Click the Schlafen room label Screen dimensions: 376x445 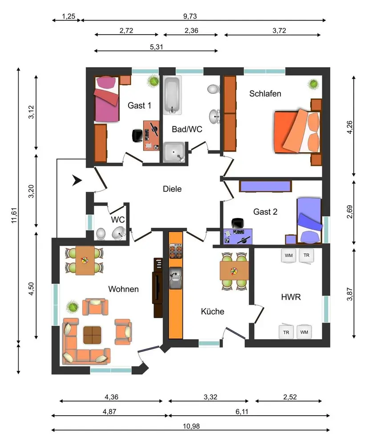[x=265, y=93]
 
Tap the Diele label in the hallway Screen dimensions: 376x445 [x=172, y=189]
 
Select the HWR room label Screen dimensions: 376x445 [x=291, y=297]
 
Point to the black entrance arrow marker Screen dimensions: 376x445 [x=77, y=181]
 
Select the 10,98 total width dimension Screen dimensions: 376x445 [x=191, y=426]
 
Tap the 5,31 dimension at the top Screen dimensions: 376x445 [x=156, y=47]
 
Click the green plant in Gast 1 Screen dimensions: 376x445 [x=153, y=81]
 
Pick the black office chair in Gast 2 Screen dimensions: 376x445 [x=238, y=223]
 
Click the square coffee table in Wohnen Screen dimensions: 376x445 [x=92, y=335]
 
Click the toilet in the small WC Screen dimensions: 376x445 [x=101, y=234]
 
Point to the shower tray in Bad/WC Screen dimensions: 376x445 [x=174, y=152]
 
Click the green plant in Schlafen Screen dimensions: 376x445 [x=313, y=84]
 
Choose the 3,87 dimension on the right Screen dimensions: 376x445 [x=350, y=294]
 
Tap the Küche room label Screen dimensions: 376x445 [x=213, y=311]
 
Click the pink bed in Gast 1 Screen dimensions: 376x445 [x=107, y=99]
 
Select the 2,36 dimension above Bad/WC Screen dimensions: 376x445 [x=191, y=31]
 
